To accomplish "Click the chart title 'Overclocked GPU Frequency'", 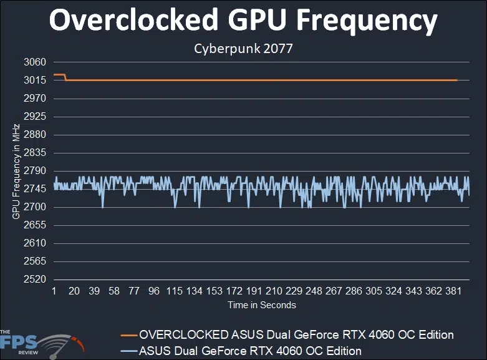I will tap(243, 21).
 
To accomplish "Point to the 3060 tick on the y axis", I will tap(35, 62).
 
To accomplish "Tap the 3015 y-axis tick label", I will tap(35, 80).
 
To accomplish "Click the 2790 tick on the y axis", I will tap(35, 171).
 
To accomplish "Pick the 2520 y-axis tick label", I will tap(35, 280).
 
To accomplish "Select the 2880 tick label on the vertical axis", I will tap(35, 135).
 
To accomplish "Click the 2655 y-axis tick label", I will tap(35, 225).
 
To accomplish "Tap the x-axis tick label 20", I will tap(74, 291).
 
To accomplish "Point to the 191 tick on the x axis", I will tap(254, 291).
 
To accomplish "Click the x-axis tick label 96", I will tap(154, 291).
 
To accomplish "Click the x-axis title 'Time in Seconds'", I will tap(261, 305).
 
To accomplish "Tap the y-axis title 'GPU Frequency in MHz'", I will tap(16, 171).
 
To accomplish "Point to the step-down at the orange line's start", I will tap(65, 77).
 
